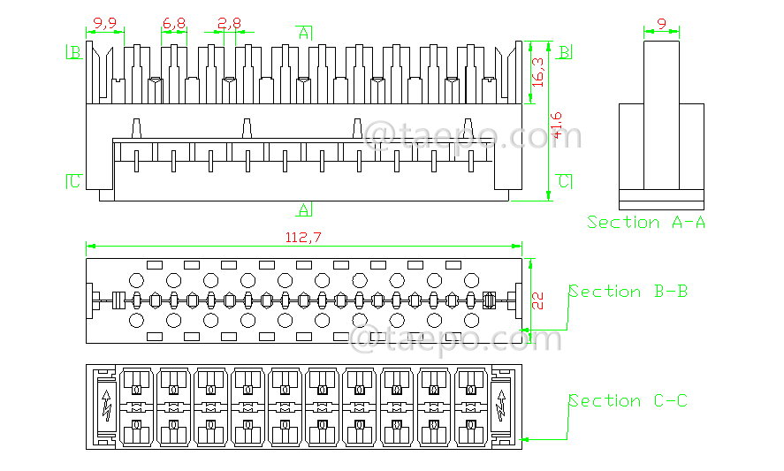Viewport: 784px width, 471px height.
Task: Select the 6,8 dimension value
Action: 174,21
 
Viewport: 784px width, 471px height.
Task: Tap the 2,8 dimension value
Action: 229,21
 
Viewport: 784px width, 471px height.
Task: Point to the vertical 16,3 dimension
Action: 538,72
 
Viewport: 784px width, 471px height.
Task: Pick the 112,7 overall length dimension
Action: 303,237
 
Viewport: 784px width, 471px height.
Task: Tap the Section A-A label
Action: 646,223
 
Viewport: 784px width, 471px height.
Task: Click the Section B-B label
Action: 628,291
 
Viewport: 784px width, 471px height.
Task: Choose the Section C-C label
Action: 628,401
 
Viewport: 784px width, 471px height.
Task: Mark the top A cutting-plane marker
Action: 304,33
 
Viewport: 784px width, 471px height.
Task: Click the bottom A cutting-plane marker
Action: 304,209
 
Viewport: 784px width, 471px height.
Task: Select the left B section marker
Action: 75,52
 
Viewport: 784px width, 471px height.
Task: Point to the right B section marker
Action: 563,52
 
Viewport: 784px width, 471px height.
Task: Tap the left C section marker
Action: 75,181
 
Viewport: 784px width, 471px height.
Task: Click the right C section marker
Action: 563,181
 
